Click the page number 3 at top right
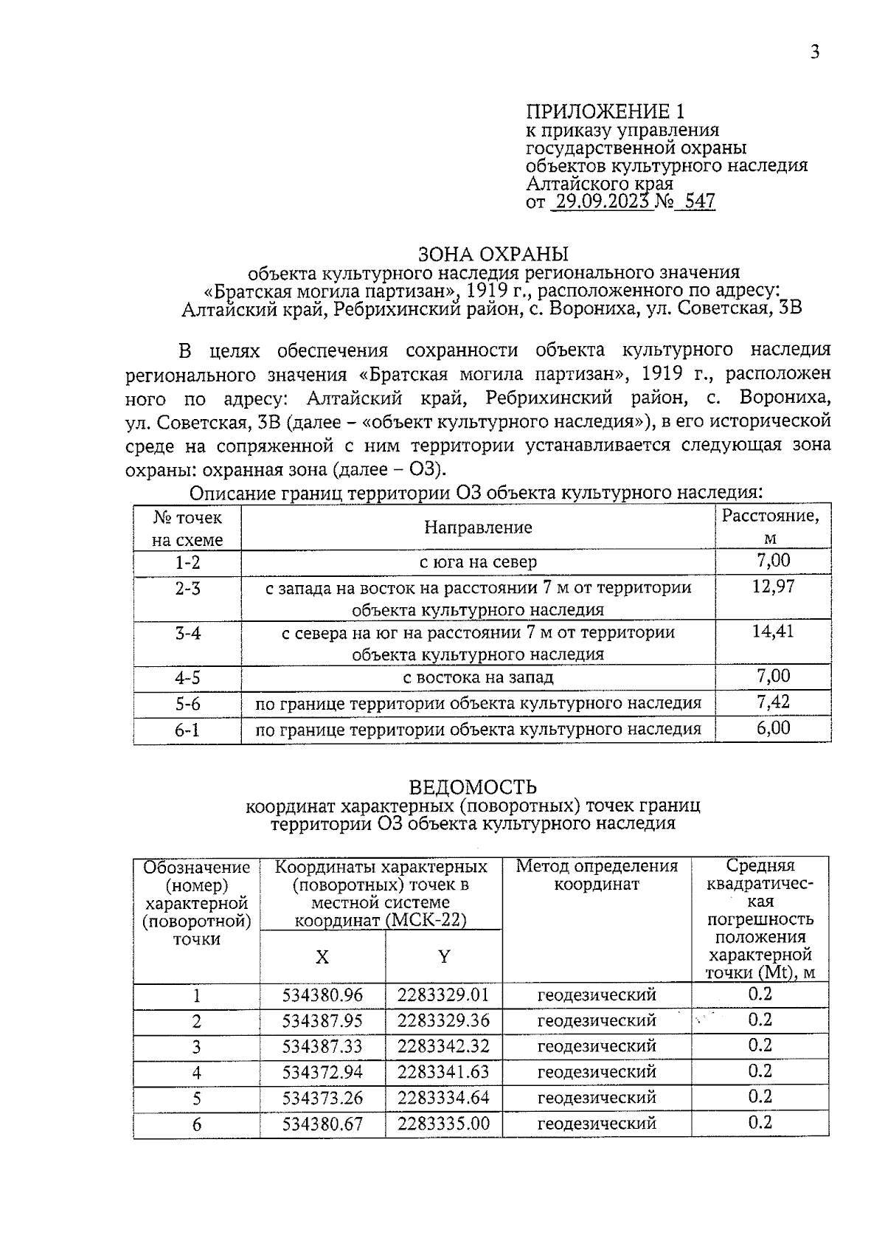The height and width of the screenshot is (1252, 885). tap(814, 52)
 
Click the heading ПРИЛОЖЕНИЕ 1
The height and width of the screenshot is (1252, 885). tap(605, 111)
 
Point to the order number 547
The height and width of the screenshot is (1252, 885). tap(700, 202)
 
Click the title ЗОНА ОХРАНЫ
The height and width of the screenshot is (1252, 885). tap(493, 255)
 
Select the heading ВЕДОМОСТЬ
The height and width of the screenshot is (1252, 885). tap(473, 787)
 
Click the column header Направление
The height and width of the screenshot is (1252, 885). tap(478, 528)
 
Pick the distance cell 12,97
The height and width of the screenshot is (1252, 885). tap(773, 587)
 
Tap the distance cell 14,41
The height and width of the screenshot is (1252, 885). tap(773, 632)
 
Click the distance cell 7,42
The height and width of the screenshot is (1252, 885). tap(773, 702)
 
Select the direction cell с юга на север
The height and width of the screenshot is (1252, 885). tap(478, 562)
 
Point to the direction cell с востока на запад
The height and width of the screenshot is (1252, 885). tap(478, 677)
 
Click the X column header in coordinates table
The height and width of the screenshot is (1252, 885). tap(322, 957)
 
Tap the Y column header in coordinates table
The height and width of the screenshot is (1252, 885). tap(443, 957)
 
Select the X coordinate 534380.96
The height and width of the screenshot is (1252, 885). tap(322, 995)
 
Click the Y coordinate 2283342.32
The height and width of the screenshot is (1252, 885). tap(443, 1046)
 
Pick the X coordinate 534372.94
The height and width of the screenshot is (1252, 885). tap(322, 1072)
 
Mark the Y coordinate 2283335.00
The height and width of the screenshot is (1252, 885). tap(443, 1124)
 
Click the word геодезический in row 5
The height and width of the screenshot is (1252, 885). tap(597, 1098)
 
